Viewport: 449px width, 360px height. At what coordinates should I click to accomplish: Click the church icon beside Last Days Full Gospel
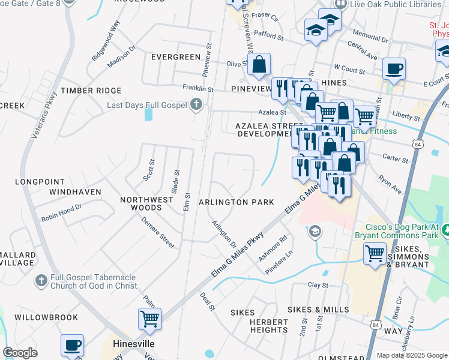point(195,106)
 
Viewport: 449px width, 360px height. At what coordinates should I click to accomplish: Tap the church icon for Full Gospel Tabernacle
point(41,280)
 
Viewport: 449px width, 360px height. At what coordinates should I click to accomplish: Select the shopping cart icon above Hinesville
point(149,319)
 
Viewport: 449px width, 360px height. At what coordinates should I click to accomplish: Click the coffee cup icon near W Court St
point(394,69)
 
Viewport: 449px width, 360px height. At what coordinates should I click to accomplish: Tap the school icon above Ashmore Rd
point(314,231)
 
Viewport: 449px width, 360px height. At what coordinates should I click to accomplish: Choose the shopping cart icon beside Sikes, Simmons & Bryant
point(375,254)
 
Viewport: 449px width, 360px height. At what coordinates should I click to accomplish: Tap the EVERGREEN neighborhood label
point(175,57)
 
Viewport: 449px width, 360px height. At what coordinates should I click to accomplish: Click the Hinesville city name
point(134,344)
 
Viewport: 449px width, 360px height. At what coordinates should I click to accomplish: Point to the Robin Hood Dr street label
point(61,214)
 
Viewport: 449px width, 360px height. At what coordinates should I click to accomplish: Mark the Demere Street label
point(158,232)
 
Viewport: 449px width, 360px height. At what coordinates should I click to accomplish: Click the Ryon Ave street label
point(390,184)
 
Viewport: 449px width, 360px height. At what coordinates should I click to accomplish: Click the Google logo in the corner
point(20,353)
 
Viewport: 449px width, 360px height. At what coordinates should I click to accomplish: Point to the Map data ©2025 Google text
point(412,355)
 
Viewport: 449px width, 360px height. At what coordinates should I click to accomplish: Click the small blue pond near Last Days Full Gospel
point(148,113)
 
